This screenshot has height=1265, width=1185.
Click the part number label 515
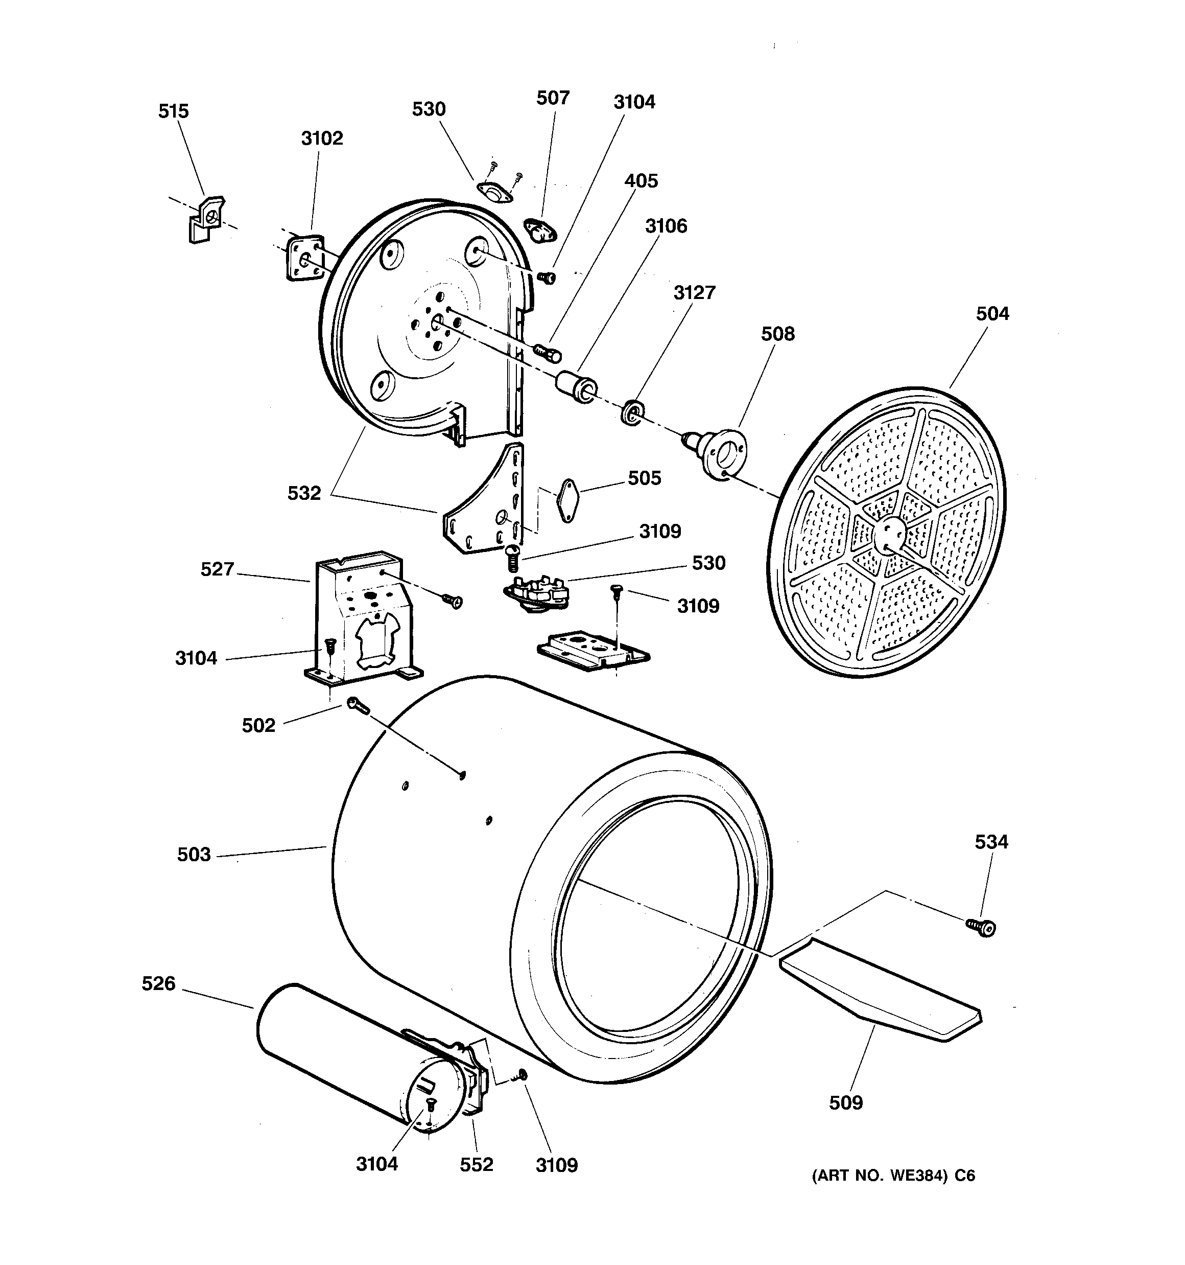click(x=173, y=111)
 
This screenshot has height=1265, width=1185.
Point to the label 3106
click(x=666, y=226)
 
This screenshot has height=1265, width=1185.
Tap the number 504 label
click(x=992, y=313)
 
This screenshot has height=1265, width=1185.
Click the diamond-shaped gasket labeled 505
click(x=566, y=500)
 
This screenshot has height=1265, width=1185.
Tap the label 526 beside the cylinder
click(x=158, y=984)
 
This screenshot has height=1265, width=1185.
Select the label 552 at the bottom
click(x=477, y=1164)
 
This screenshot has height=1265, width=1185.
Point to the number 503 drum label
click(x=194, y=854)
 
